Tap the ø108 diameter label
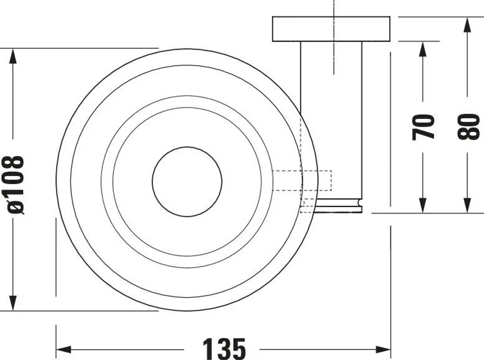[x=16, y=185]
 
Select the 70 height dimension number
[x=423, y=127]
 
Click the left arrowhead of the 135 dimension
[x=64, y=350]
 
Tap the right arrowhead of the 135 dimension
[x=383, y=350]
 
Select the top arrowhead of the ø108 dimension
[x=13, y=56]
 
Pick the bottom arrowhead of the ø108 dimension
[x=13, y=303]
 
